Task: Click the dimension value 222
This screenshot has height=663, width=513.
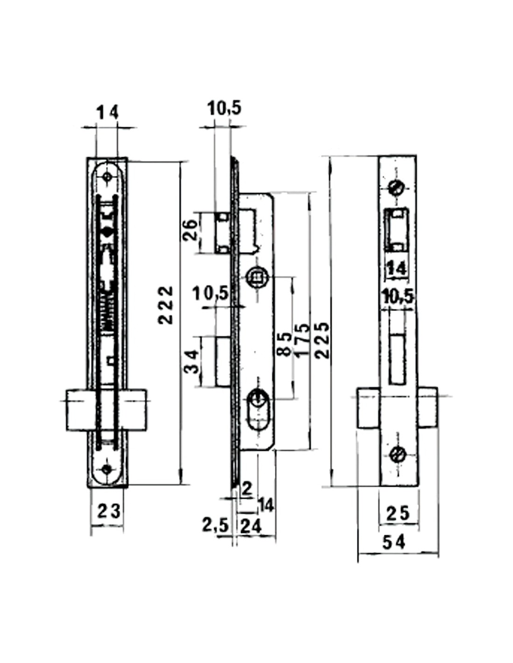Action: point(166,304)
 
